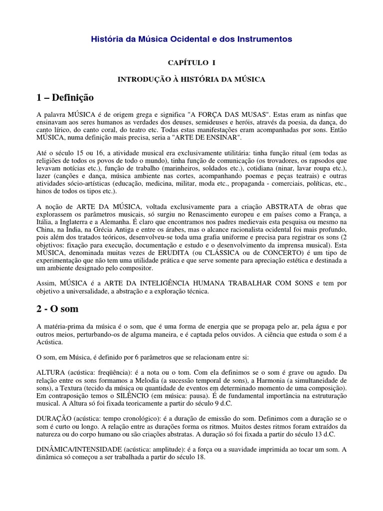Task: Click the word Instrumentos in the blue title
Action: [x=266, y=38]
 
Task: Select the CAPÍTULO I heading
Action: [x=191, y=62]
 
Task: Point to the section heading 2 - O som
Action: [x=58, y=309]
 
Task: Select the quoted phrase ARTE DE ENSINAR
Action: [x=212, y=137]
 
